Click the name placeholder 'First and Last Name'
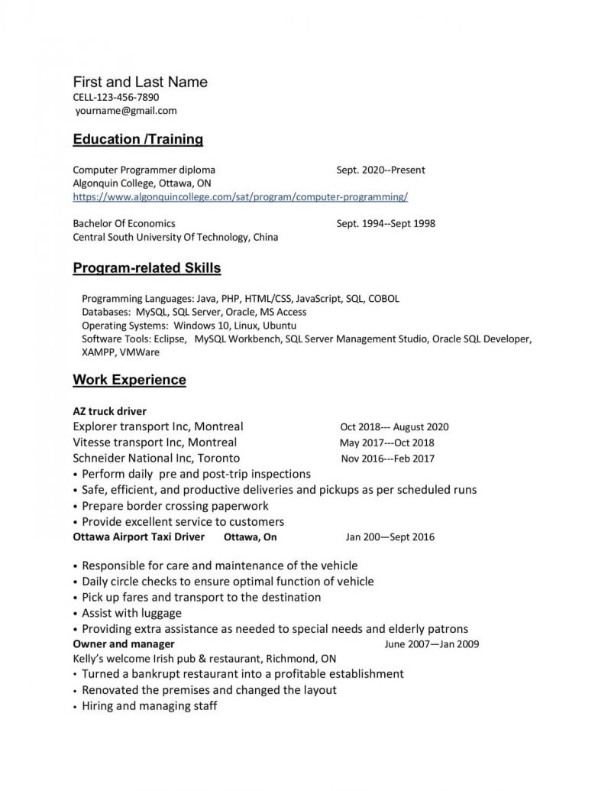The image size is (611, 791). pyautogui.click(x=140, y=82)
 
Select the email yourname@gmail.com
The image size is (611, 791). pyautogui.click(x=126, y=111)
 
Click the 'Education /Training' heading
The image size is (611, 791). pyautogui.click(x=137, y=140)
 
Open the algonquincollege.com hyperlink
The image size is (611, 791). pyautogui.click(x=240, y=197)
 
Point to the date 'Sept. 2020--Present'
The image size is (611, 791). pyautogui.click(x=380, y=170)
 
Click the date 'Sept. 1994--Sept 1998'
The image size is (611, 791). pyautogui.click(x=386, y=223)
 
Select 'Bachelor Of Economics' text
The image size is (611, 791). pyautogui.click(x=124, y=223)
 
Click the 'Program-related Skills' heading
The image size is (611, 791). pyautogui.click(x=147, y=269)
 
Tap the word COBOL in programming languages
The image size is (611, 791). pyautogui.click(x=383, y=299)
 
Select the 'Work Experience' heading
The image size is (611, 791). pyautogui.click(x=129, y=380)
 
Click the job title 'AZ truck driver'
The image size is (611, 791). pyautogui.click(x=109, y=411)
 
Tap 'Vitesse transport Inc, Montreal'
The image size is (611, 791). pyautogui.click(x=154, y=443)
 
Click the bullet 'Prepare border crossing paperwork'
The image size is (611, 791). pyautogui.click(x=175, y=506)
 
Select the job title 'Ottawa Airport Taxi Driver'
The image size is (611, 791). pyautogui.click(x=138, y=537)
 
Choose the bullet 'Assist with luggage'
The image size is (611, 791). pyautogui.click(x=131, y=613)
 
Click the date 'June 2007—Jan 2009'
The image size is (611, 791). pyautogui.click(x=432, y=644)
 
